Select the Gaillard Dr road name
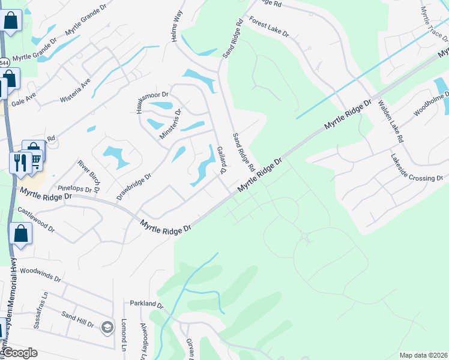[x=220, y=160]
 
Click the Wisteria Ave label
[x=75, y=91]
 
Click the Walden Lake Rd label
[x=391, y=121]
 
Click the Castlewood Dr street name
[x=36, y=220]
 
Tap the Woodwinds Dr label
[x=40, y=275]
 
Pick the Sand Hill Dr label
[x=78, y=319]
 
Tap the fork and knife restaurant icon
[x=20, y=161]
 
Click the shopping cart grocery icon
[x=35, y=159]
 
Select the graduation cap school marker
[x=107, y=326]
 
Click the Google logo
[x=20, y=353]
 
